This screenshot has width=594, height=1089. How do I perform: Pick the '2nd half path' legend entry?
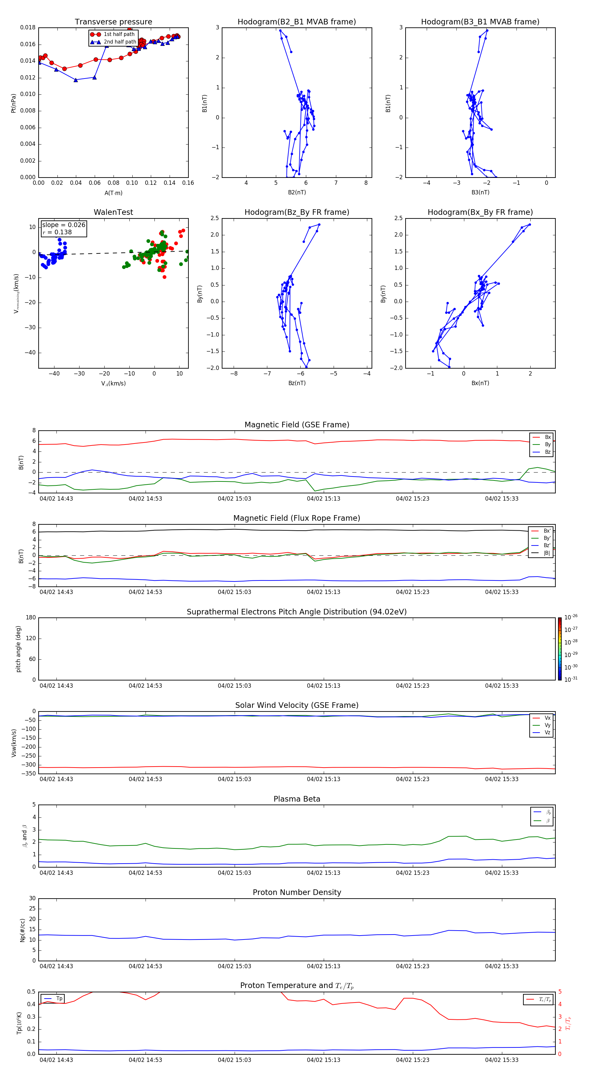[120, 42]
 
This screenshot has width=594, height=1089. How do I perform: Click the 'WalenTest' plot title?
[113, 212]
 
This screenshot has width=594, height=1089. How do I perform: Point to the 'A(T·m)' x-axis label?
[113, 193]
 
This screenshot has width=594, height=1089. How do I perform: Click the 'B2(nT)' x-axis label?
[297, 192]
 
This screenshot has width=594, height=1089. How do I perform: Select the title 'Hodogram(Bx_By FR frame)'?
[480, 212]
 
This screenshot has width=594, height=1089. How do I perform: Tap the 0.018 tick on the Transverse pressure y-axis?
[28, 27]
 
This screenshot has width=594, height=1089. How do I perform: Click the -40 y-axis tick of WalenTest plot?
[32, 352]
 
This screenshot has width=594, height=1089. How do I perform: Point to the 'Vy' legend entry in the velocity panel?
[547, 725]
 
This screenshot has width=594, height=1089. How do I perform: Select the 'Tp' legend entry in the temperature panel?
[59, 999]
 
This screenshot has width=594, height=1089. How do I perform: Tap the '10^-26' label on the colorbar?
[571, 617]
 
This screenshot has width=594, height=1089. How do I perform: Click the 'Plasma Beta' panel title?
[297, 799]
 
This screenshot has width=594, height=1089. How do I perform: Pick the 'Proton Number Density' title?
[297, 892]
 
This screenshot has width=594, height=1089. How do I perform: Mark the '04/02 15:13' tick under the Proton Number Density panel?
[323, 966]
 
